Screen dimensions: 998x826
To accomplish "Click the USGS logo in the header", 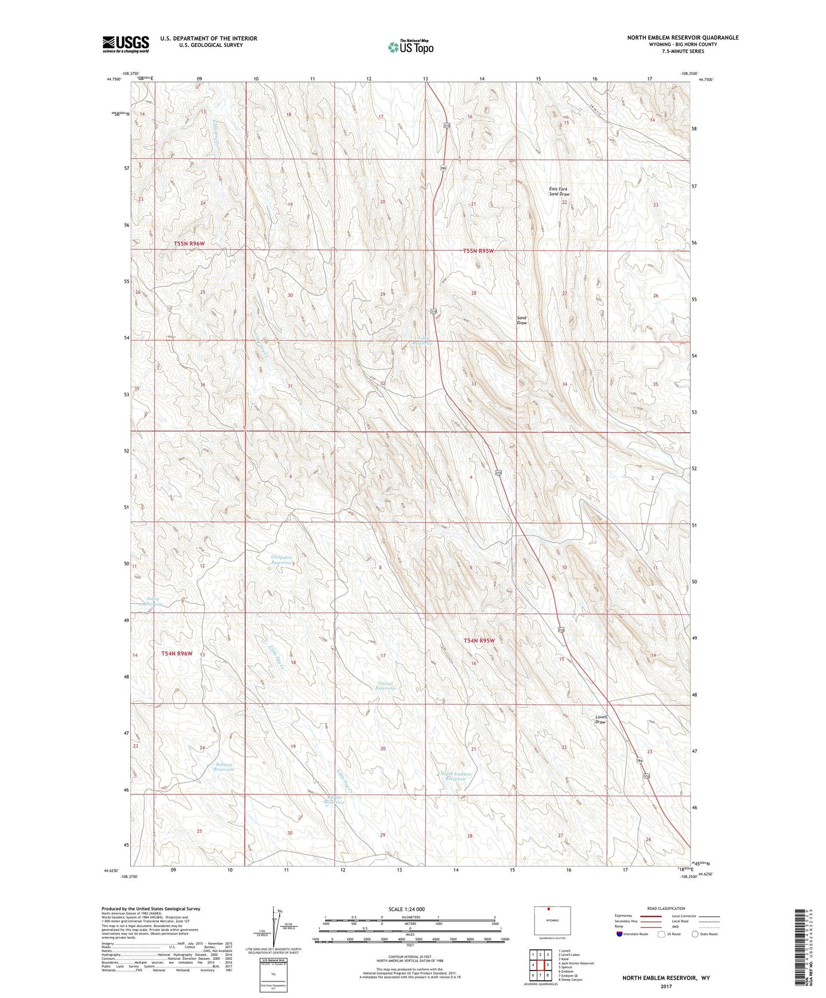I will click(126, 43).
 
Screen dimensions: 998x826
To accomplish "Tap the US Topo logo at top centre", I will click(410, 46).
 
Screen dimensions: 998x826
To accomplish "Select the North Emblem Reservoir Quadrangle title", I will click(683, 38).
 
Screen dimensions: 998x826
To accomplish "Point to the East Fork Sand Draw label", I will click(559, 191).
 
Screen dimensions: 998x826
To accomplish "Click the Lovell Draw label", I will click(600, 719).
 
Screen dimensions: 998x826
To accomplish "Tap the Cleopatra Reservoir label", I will click(282, 560).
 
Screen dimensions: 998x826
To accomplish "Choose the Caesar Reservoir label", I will click(385, 685).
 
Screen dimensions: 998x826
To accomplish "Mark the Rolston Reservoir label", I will click(224, 767).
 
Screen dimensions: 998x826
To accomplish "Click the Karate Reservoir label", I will click(334, 800).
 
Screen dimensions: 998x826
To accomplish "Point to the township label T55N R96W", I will click(189, 244).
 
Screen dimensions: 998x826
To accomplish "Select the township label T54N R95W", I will click(478, 641).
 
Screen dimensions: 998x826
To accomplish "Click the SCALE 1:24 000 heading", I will click(406, 909).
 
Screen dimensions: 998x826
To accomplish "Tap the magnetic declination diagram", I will click(274, 929).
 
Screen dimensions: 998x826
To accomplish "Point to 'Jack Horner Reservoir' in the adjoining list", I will click(577, 963).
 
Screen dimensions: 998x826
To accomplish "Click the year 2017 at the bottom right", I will click(666, 986).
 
